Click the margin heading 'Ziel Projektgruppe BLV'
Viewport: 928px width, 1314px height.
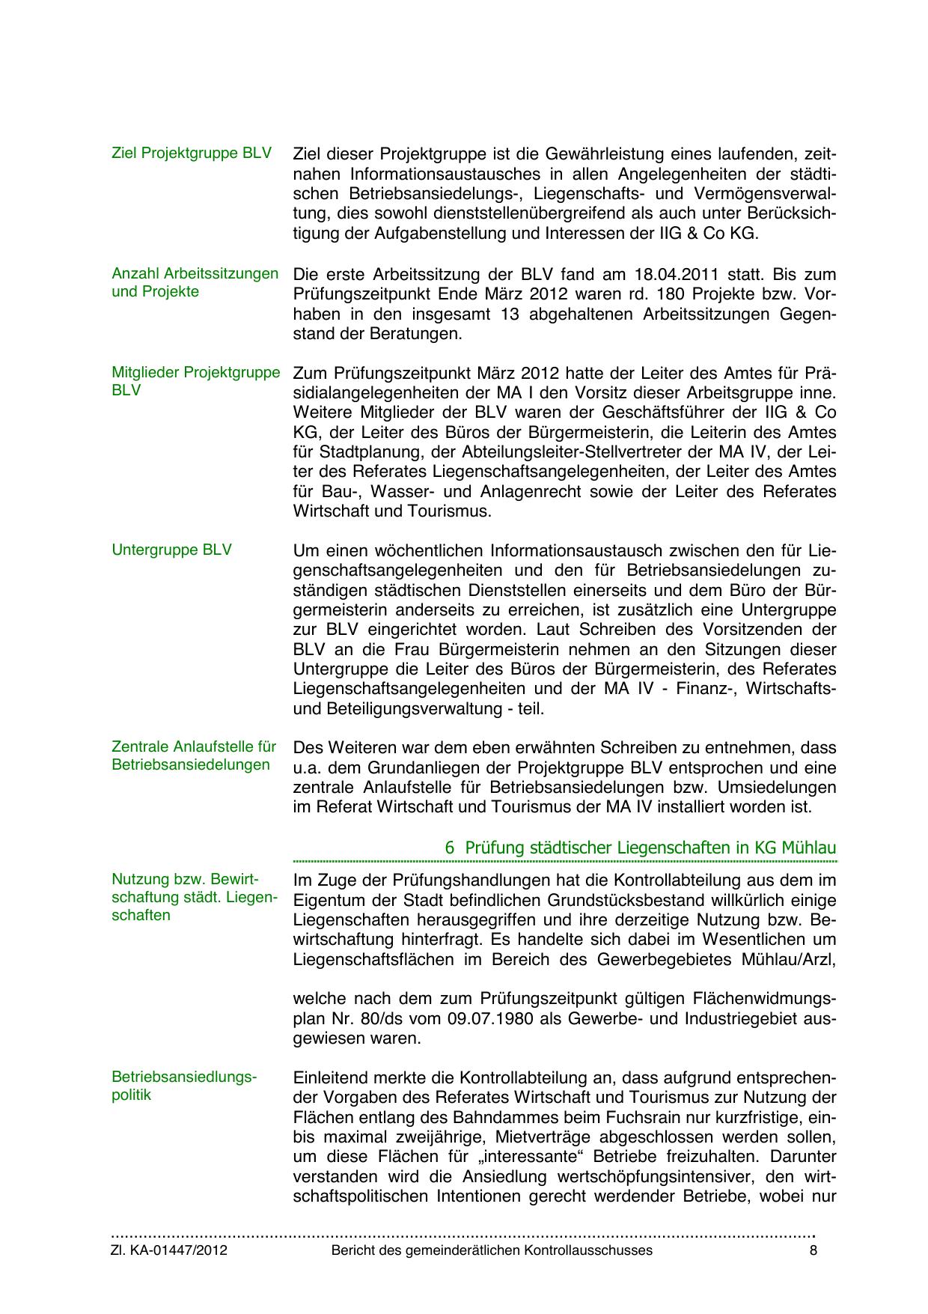191,153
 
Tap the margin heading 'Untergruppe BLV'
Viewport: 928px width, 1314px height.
171,550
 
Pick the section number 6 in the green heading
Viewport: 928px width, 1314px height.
450,848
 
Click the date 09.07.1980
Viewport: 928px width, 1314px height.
535,1019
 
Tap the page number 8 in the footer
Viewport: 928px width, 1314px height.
813,1250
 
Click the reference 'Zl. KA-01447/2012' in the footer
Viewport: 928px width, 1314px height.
169,1250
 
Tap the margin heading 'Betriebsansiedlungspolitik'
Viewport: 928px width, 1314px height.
183,1086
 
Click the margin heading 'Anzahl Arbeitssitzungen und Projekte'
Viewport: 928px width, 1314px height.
195,282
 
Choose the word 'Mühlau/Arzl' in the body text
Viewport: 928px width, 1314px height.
793,960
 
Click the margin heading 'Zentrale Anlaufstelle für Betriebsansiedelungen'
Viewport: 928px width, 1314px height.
194,755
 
